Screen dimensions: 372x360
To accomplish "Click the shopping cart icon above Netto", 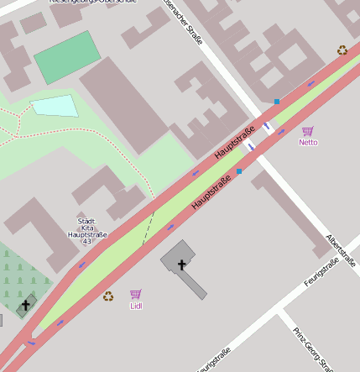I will pyautogui.click(x=308, y=131).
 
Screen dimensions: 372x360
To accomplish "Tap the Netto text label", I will pyautogui.click(x=308, y=142).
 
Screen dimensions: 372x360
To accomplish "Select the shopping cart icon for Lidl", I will pyautogui.click(x=136, y=294).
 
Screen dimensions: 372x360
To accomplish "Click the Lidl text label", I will pyautogui.click(x=136, y=306).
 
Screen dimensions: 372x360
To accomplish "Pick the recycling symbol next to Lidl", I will pyautogui.click(x=107, y=296).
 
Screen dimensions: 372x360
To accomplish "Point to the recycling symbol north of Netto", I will pyautogui.click(x=342, y=50).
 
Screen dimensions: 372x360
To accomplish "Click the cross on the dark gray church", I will pyautogui.click(x=181, y=265).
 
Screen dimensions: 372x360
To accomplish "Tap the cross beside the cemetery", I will pyautogui.click(x=25, y=306).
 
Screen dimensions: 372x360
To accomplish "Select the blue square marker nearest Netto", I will pyautogui.click(x=277, y=102).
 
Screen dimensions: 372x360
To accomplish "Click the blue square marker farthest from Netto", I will pyautogui.click(x=238, y=171).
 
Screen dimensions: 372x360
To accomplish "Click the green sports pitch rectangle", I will pyautogui.click(x=67, y=57).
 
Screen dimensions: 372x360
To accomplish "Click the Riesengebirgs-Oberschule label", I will pyautogui.click(x=92, y=3).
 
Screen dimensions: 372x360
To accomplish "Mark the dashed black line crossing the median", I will pyautogui.click(x=149, y=228).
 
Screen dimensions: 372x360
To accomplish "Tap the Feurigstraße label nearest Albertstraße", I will pyautogui.click(x=321, y=273).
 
